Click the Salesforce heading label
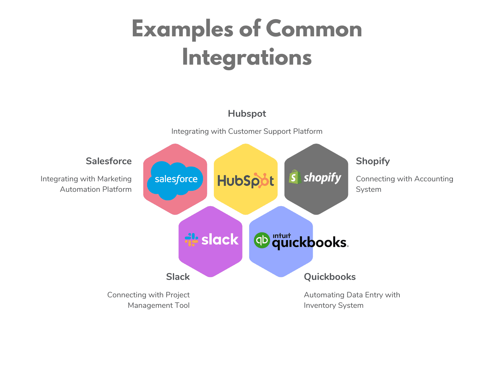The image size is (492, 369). tap(109, 161)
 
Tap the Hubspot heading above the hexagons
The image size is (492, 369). tap(247, 114)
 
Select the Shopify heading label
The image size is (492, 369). tap(372, 161)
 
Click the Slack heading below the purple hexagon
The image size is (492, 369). tap(178, 277)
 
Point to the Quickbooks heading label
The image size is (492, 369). tap(330, 277)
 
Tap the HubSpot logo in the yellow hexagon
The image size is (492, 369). tap(246, 181)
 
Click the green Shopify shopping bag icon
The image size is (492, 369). tap(295, 177)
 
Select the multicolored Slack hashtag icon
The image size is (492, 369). tap(191, 240)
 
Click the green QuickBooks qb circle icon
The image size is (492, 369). tap(262, 240)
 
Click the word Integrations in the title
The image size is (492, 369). tap(247, 58)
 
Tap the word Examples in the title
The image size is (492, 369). tap(182, 29)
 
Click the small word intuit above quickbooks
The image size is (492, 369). tap(282, 236)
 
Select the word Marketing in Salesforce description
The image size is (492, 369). tap(114, 179)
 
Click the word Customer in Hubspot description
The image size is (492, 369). tap(245, 131)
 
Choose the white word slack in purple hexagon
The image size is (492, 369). tap(220, 240)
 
